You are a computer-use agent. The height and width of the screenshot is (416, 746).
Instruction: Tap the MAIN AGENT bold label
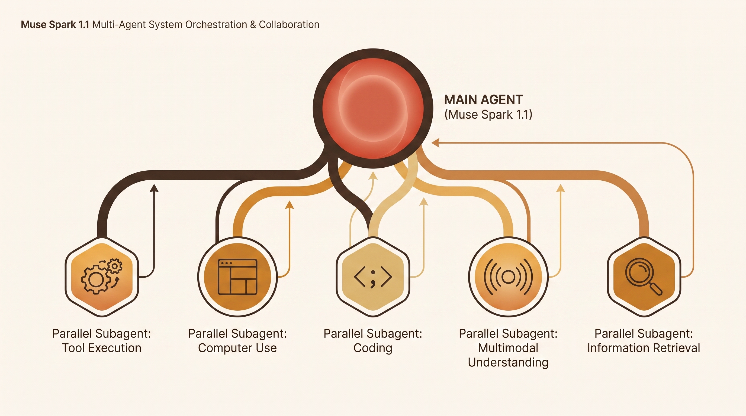click(483, 100)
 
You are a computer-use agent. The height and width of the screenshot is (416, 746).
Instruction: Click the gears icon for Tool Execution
click(102, 276)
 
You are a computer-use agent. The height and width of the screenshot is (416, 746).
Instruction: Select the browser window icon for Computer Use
click(237, 277)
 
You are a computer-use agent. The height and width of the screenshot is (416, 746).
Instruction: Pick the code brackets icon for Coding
click(373, 277)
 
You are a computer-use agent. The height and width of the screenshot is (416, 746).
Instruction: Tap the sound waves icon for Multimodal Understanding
click(508, 277)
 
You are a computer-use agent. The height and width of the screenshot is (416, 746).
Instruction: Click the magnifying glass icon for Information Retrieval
click(644, 277)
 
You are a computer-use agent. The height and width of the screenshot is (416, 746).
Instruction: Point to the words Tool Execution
click(102, 348)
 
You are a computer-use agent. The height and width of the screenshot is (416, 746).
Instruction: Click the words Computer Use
click(237, 348)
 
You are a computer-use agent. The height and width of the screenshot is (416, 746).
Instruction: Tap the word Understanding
click(508, 362)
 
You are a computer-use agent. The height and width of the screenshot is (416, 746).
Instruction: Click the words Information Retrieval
click(644, 348)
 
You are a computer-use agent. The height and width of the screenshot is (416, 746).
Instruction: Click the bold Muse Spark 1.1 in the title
click(55, 25)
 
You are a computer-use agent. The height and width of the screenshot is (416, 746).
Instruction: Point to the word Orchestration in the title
click(216, 25)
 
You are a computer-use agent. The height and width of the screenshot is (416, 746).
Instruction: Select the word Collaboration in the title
click(289, 25)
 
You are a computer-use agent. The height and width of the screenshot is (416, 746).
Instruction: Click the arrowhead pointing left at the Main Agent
click(435, 143)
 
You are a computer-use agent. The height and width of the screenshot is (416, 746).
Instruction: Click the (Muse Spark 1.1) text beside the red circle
click(488, 115)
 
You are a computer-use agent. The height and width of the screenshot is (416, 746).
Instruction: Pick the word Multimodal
click(508, 348)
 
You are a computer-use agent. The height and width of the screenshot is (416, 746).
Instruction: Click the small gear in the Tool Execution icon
click(114, 266)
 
